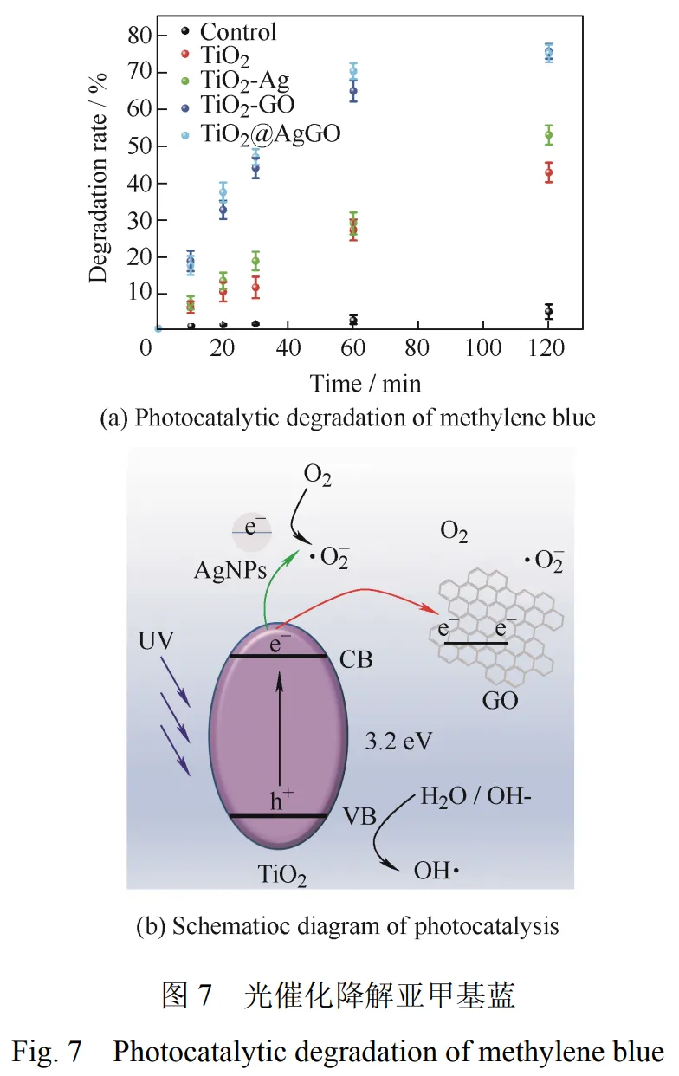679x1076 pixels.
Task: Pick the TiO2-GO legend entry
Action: coord(247,106)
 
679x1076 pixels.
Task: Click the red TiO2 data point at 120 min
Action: coord(548,172)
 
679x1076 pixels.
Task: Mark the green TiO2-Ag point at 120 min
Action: coord(548,135)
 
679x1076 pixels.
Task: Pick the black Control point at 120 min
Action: coord(548,311)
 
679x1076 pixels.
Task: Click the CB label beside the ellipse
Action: coord(356,660)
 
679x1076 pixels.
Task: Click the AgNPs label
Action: coord(230,571)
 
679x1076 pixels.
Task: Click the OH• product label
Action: coord(436,869)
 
